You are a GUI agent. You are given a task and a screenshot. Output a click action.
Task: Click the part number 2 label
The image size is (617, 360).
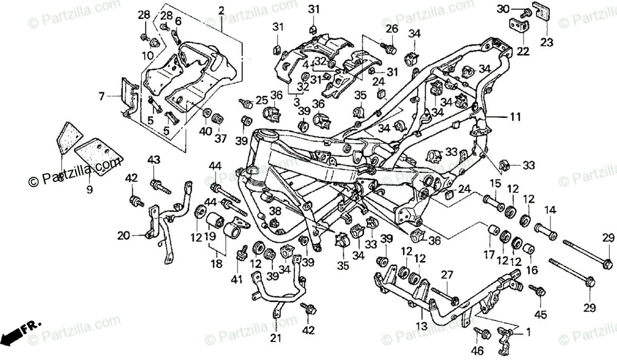(x=221, y=11)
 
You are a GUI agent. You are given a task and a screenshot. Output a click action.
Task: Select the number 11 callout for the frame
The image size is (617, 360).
(x=515, y=117)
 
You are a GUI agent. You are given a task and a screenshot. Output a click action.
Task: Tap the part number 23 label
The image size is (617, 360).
(x=547, y=42)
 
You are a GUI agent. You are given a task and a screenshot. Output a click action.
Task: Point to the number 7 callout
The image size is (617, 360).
(x=102, y=96)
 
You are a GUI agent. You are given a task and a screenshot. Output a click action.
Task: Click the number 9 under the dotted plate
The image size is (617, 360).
(x=89, y=189)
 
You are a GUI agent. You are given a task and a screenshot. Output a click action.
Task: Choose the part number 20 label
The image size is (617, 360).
(x=123, y=236)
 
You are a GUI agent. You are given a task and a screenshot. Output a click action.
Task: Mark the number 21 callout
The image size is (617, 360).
(x=276, y=338)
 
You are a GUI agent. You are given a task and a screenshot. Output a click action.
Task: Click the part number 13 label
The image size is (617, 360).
(x=422, y=327)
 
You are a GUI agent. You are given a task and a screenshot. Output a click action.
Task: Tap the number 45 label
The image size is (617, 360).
(x=540, y=315)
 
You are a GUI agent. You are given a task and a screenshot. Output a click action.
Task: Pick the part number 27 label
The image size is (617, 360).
(x=447, y=275)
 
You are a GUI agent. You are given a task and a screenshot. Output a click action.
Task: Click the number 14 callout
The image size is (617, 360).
(x=550, y=210)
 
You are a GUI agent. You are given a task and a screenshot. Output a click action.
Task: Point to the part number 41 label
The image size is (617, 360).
(x=237, y=279)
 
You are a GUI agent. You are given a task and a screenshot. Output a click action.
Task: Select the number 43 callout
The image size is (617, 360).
(x=154, y=160)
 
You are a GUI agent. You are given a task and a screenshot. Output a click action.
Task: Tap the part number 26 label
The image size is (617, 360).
(x=392, y=29)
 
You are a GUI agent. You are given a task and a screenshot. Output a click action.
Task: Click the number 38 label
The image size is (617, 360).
(x=275, y=211)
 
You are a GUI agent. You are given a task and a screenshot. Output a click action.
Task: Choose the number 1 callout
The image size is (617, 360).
(x=528, y=332)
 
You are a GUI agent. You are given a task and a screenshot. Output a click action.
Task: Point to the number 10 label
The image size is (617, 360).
(x=148, y=56)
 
